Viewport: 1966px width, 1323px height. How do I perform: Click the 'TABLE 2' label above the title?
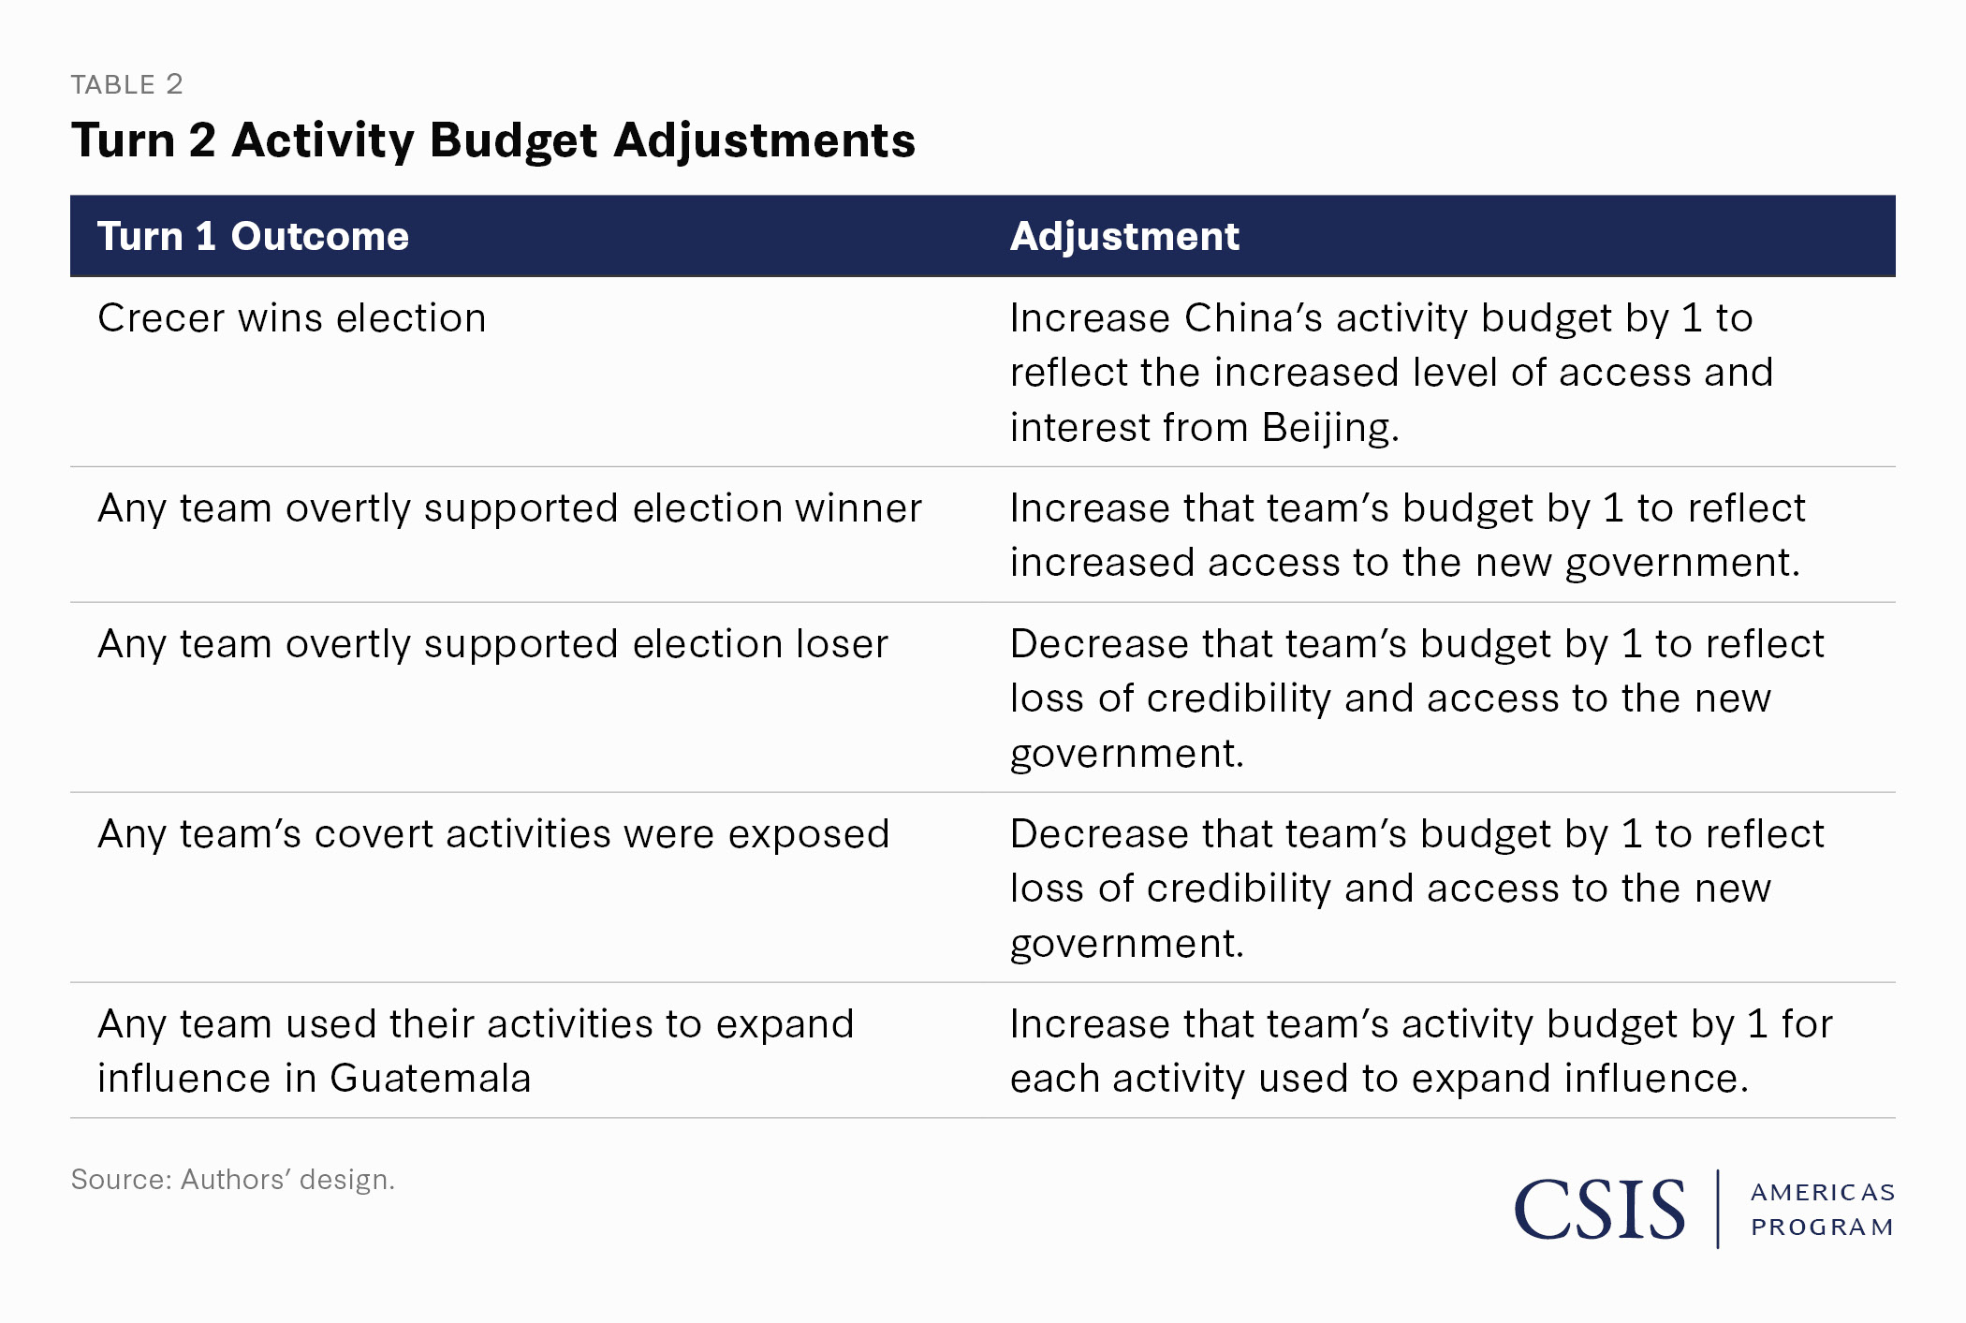tap(126, 85)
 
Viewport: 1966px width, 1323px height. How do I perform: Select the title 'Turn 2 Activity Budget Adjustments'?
tap(493, 141)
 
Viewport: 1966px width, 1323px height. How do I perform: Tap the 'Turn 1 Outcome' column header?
tap(253, 236)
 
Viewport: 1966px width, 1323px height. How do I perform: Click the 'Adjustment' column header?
tap(1124, 236)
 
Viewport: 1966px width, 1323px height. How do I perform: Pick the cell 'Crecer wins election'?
tap(292, 318)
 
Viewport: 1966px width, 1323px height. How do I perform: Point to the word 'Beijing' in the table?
tap(1330, 428)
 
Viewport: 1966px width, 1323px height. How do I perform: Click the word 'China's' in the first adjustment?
tap(1254, 318)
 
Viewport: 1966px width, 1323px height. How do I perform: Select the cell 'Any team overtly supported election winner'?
tap(509, 509)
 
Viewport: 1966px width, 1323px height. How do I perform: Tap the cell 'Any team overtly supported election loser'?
tap(492, 645)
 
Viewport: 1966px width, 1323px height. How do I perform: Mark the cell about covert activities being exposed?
tap(493, 835)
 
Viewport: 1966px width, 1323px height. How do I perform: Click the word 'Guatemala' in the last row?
tap(431, 1079)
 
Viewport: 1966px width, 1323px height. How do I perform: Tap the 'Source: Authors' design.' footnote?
tap(233, 1180)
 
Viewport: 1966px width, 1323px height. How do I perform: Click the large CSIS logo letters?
tap(1600, 1210)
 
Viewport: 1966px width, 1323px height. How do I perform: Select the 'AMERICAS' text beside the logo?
tap(1823, 1193)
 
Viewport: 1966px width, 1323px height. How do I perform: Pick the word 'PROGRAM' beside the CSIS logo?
tap(1823, 1227)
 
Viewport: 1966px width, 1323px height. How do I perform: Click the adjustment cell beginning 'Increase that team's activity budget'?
tap(1421, 1051)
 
